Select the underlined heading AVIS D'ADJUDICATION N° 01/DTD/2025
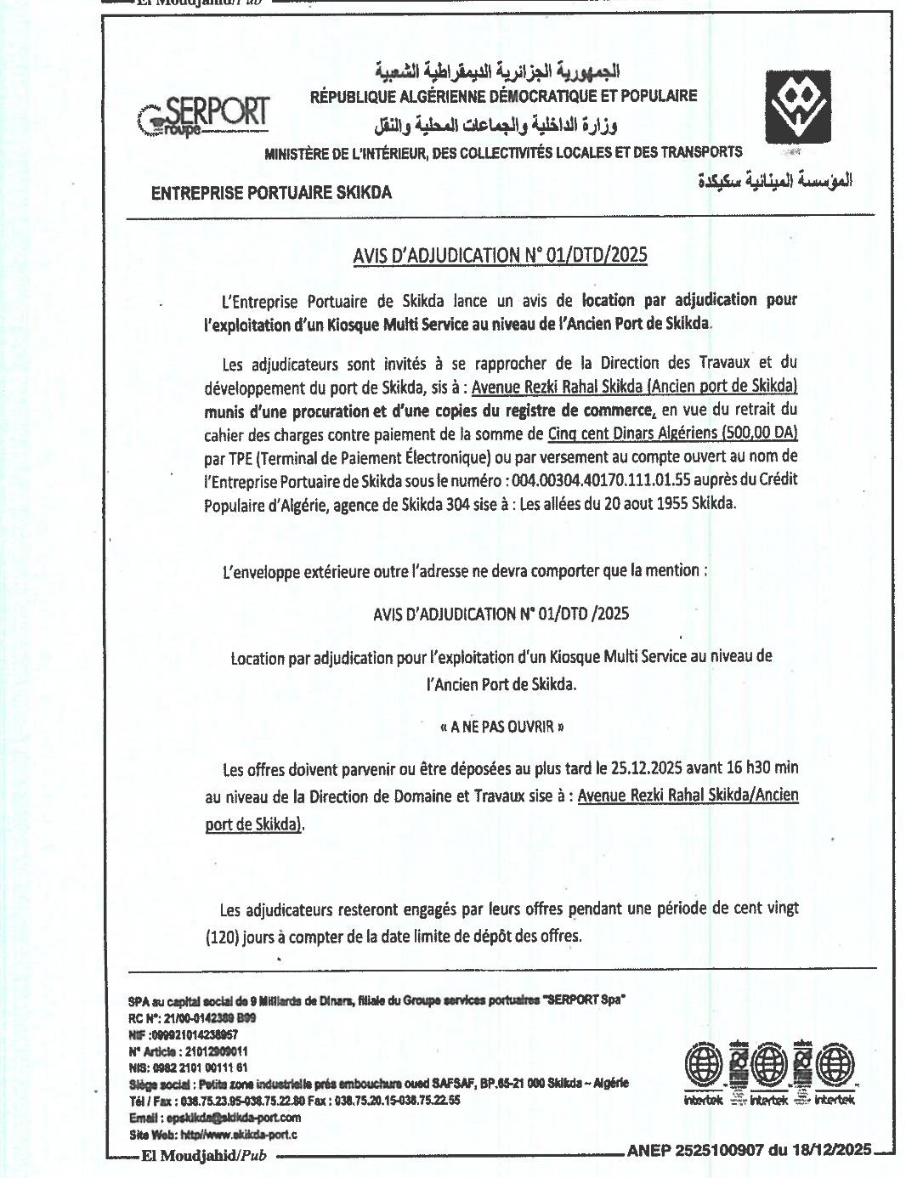click(x=500, y=255)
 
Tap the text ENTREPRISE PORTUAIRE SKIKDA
click(x=271, y=193)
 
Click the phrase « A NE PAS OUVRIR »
click(x=502, y=727)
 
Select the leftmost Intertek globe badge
click(x=705, y=1063)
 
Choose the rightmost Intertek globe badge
click(x=835, y=1063)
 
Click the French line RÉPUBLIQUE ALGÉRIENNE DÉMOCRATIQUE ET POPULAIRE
click(x=503, y=96)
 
